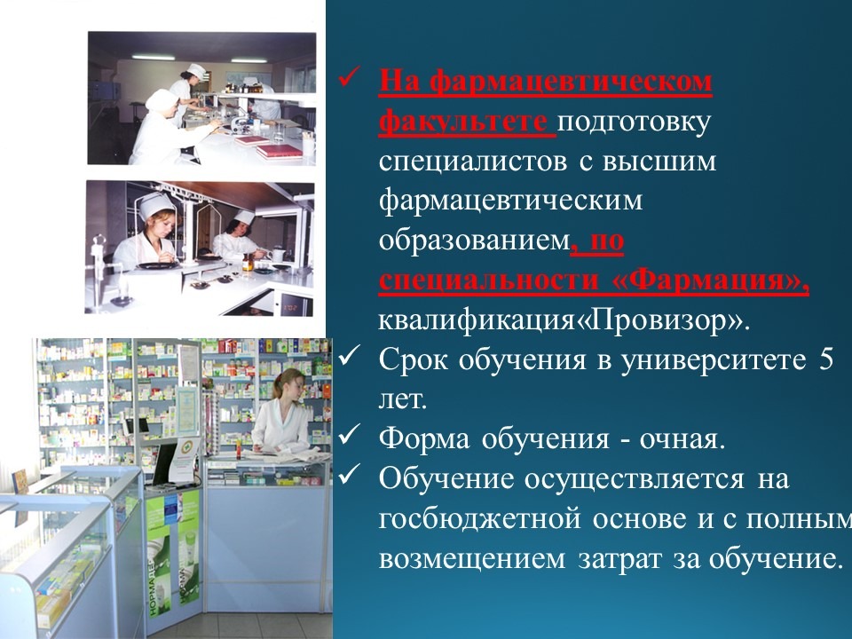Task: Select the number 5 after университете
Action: point(826,359)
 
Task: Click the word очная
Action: point(682,439)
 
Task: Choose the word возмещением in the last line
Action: point(471,559)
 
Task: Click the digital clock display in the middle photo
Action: point(291,309)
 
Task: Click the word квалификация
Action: point(476,321)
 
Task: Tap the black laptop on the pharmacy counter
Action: point(165,463)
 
